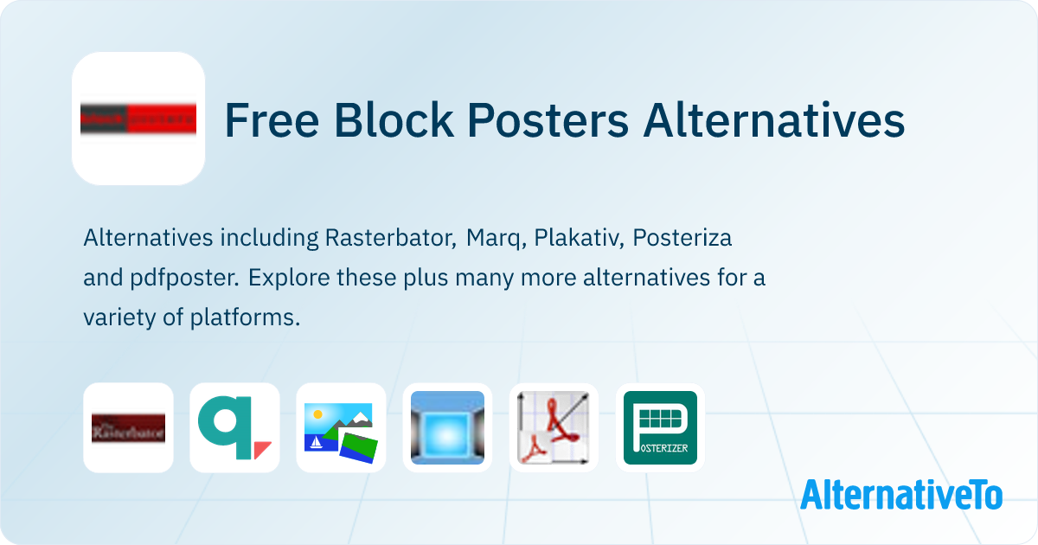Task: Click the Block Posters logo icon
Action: pyautogui.click(x=138, y=119)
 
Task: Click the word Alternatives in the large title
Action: pyautogui.click(x=773, y=121)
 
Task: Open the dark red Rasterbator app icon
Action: pyautogui.click(x=128, y=427)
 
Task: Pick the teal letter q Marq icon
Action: pyautogui.click(x=234, y=427)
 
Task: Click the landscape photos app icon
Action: pyautogui.click(x=341, y=427)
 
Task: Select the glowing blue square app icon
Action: pyautogui.click(x=447, y=427)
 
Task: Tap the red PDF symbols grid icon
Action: pyautogui.click(x=554, y=427)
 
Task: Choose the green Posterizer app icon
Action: pyautogui.click(x=660, y=427)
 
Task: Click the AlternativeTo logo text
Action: pyautogui.click(x=900, y=494)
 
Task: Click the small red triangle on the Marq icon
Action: pyautogui.click(x=262, y=450)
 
